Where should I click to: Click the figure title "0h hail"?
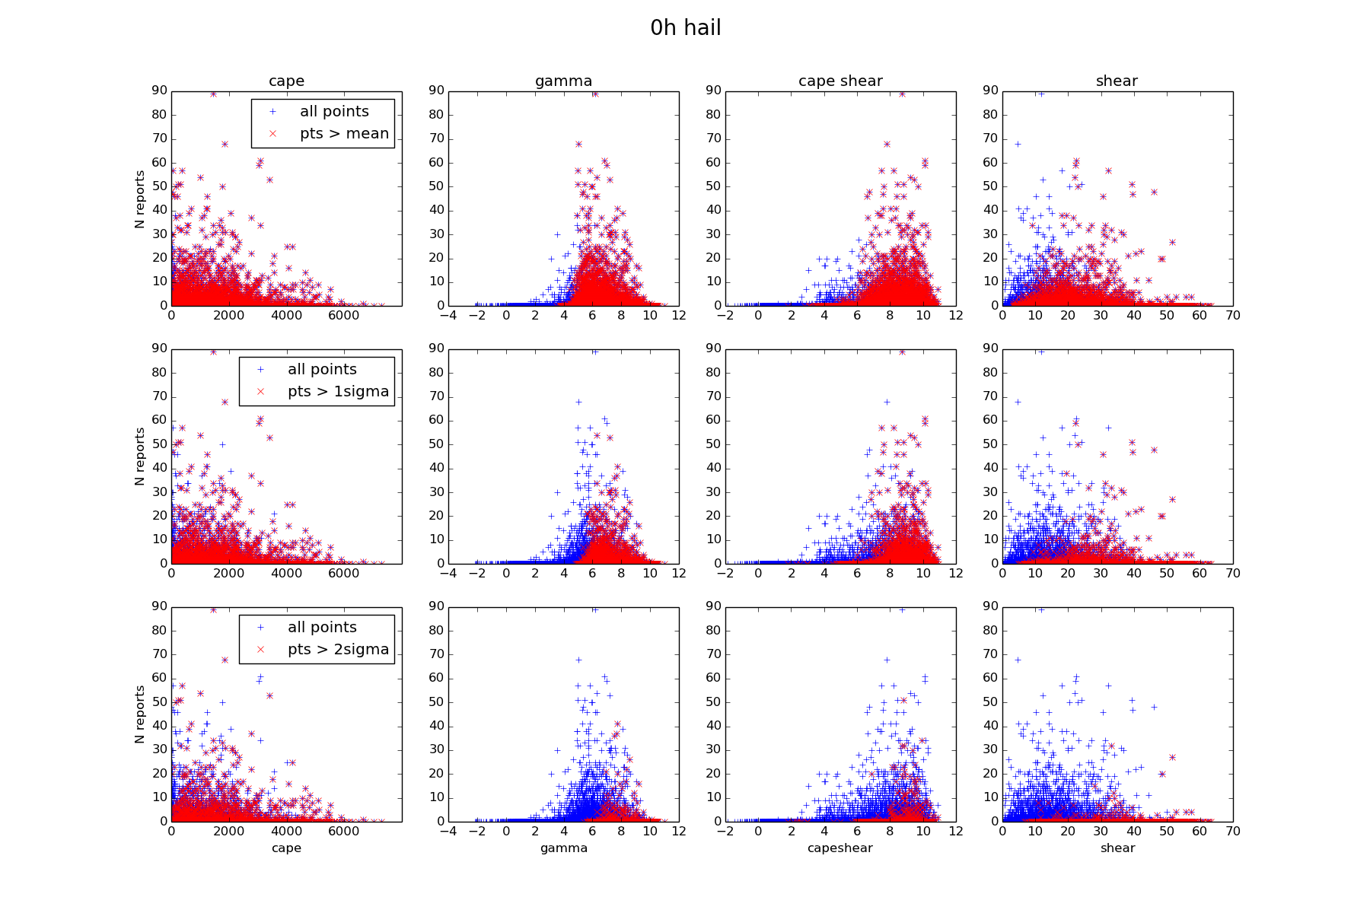tap(685, 28)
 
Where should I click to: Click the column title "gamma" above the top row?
tap(563, 81)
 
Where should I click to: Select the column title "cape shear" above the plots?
tap(840, 81)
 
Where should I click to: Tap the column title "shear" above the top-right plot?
tap(1117, 81)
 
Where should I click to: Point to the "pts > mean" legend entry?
tap(344, 133)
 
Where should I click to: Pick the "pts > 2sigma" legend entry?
tap(338, 649)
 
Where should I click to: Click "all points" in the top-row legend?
tap(334, 111)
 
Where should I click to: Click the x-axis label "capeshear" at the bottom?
tap(840, 848)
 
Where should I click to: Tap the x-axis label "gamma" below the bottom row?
tap(563, 848)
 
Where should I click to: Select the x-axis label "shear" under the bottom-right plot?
tap(1117, 848)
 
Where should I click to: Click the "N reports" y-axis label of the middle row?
tap(139, 456)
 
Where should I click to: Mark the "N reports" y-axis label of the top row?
tap(139, 199)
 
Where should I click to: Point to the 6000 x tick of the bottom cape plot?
tap(344, 831)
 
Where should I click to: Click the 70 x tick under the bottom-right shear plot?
tap(1233, 831)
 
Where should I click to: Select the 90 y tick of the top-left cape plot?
tap(159, 90)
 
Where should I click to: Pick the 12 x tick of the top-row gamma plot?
tap(678, 315)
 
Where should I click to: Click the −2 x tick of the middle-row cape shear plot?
tap(724, 573)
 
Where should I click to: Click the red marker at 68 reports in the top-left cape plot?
tap(225, 144)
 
